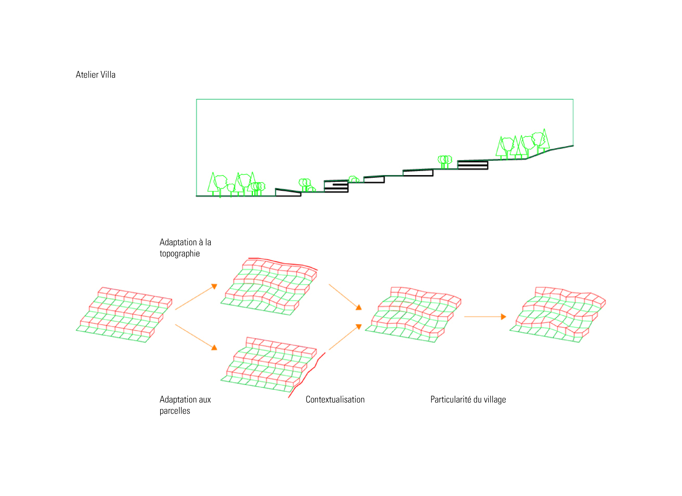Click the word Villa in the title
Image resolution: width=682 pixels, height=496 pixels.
coord(108,74)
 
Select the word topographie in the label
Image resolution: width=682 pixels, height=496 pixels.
coord(179,254)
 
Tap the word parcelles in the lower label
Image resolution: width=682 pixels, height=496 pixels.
coord(175,411)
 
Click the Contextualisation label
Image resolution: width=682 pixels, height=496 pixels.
coord(335,399)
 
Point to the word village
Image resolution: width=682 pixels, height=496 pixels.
coord(495,399)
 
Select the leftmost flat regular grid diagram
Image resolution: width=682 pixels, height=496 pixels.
coord(124,314)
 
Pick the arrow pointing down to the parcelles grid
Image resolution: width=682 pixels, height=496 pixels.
coord(196,337)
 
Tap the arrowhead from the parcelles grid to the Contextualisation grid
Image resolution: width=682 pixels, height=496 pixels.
coord(358,326)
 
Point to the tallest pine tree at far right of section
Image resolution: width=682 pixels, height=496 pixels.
coord(544,140)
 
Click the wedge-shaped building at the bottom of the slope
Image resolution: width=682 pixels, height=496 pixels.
coord(288,193)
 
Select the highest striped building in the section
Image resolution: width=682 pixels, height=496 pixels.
coord(473,165)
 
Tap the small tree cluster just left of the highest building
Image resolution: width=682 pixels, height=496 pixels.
coord(445,161)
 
